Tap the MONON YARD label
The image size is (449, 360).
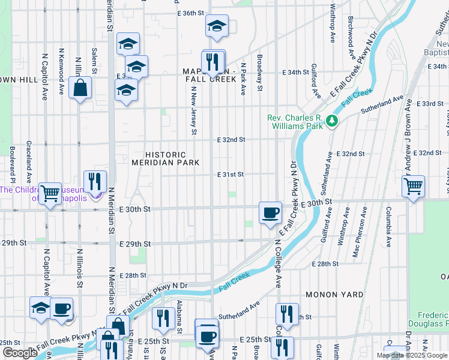pos(334,295)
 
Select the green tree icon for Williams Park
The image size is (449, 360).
pos(332,122)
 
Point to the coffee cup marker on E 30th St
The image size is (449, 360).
pos(270,212)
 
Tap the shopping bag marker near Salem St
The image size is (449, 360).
pos(80,89)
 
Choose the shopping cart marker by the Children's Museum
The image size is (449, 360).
pos(50,194)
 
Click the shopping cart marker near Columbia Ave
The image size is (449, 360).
pos(413,187)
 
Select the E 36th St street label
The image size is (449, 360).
pos(191,13)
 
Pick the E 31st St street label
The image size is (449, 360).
pos(231,175)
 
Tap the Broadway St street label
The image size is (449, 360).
pos(260,73)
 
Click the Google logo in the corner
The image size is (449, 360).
pos(19,353)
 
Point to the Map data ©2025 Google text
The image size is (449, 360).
pos(411,355)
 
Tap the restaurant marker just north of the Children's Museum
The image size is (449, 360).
pos(95,181)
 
